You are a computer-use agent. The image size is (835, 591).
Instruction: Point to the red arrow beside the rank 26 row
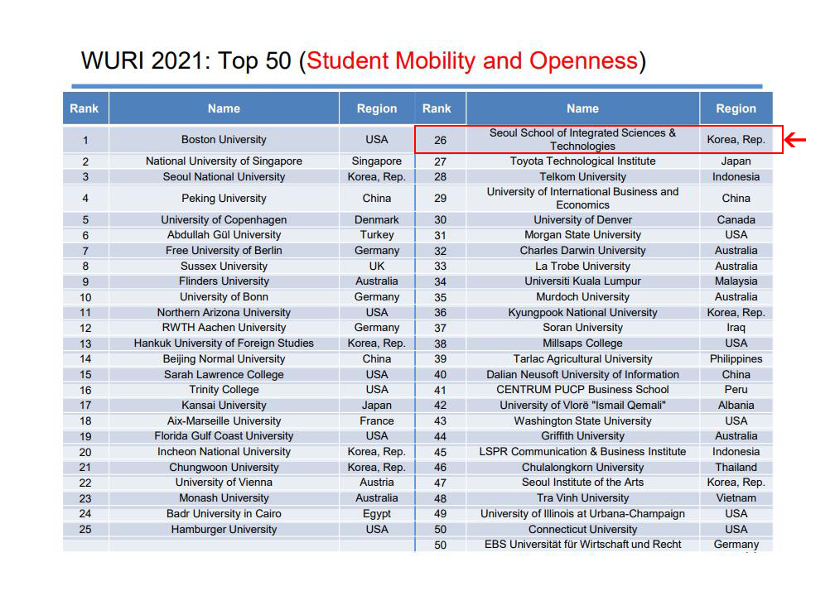(795, 140)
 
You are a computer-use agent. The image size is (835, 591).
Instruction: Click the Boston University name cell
(224, 140)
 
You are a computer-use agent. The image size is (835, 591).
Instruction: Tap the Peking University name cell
(224, 199)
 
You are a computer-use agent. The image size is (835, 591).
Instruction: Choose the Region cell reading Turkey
(376, 235)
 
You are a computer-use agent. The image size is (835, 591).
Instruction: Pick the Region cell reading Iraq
(736, 328)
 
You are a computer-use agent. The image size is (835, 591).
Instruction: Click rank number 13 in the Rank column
(85, 344)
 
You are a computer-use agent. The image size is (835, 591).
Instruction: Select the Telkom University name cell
(582, 177)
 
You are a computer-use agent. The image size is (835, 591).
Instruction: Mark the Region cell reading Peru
(736, 390)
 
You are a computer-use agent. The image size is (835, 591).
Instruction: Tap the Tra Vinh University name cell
(582, 498)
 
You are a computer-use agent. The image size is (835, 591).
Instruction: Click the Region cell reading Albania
(736, 406)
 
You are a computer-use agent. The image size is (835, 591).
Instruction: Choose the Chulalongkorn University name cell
(582, 468)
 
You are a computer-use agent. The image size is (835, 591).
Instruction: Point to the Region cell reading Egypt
(376, 514)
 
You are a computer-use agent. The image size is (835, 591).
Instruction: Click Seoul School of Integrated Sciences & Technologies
(582, 139)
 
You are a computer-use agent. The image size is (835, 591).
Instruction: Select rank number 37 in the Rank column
(440, 328)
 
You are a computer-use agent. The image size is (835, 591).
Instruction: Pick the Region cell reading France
(376, 421)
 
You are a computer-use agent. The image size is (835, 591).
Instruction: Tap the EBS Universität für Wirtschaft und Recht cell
(582, 545)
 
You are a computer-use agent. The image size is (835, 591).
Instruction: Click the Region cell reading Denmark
(376, 220)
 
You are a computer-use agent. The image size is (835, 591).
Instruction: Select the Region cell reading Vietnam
(736, 498)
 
